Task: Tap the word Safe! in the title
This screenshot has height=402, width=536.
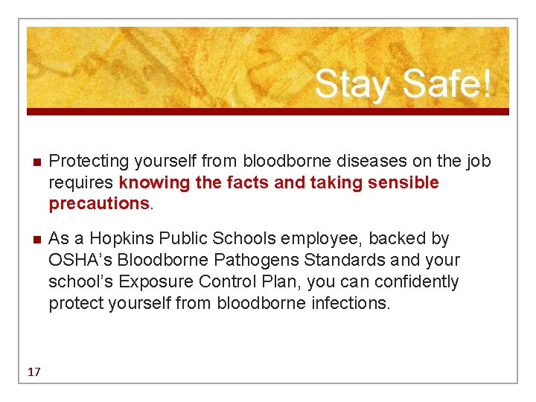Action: pos(447,84)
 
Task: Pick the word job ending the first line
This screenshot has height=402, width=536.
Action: pos(477,161)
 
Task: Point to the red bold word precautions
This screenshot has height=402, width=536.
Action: pos(99,203)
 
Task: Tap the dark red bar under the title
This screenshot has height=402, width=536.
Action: pos(268,112)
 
